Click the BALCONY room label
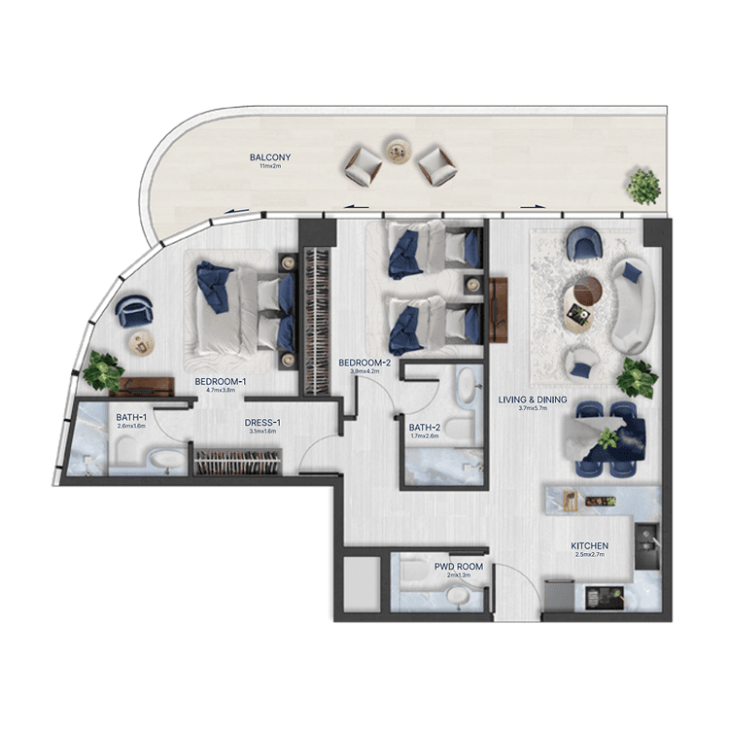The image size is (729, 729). point(269,157)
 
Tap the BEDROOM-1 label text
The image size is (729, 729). point(220,381)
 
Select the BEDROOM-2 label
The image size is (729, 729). point(364,363)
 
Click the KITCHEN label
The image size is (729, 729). point(590,546)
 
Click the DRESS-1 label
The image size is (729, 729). point(262,423)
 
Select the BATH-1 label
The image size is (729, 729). point(130,415)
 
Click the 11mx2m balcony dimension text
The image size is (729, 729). point(269,167)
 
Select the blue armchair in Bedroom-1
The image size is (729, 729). point(133,311)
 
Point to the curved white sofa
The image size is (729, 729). point(631,305)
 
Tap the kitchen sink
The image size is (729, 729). point(648,538)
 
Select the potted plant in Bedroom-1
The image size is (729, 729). point(102,369)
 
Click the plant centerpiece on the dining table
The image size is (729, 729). point(608,437)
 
